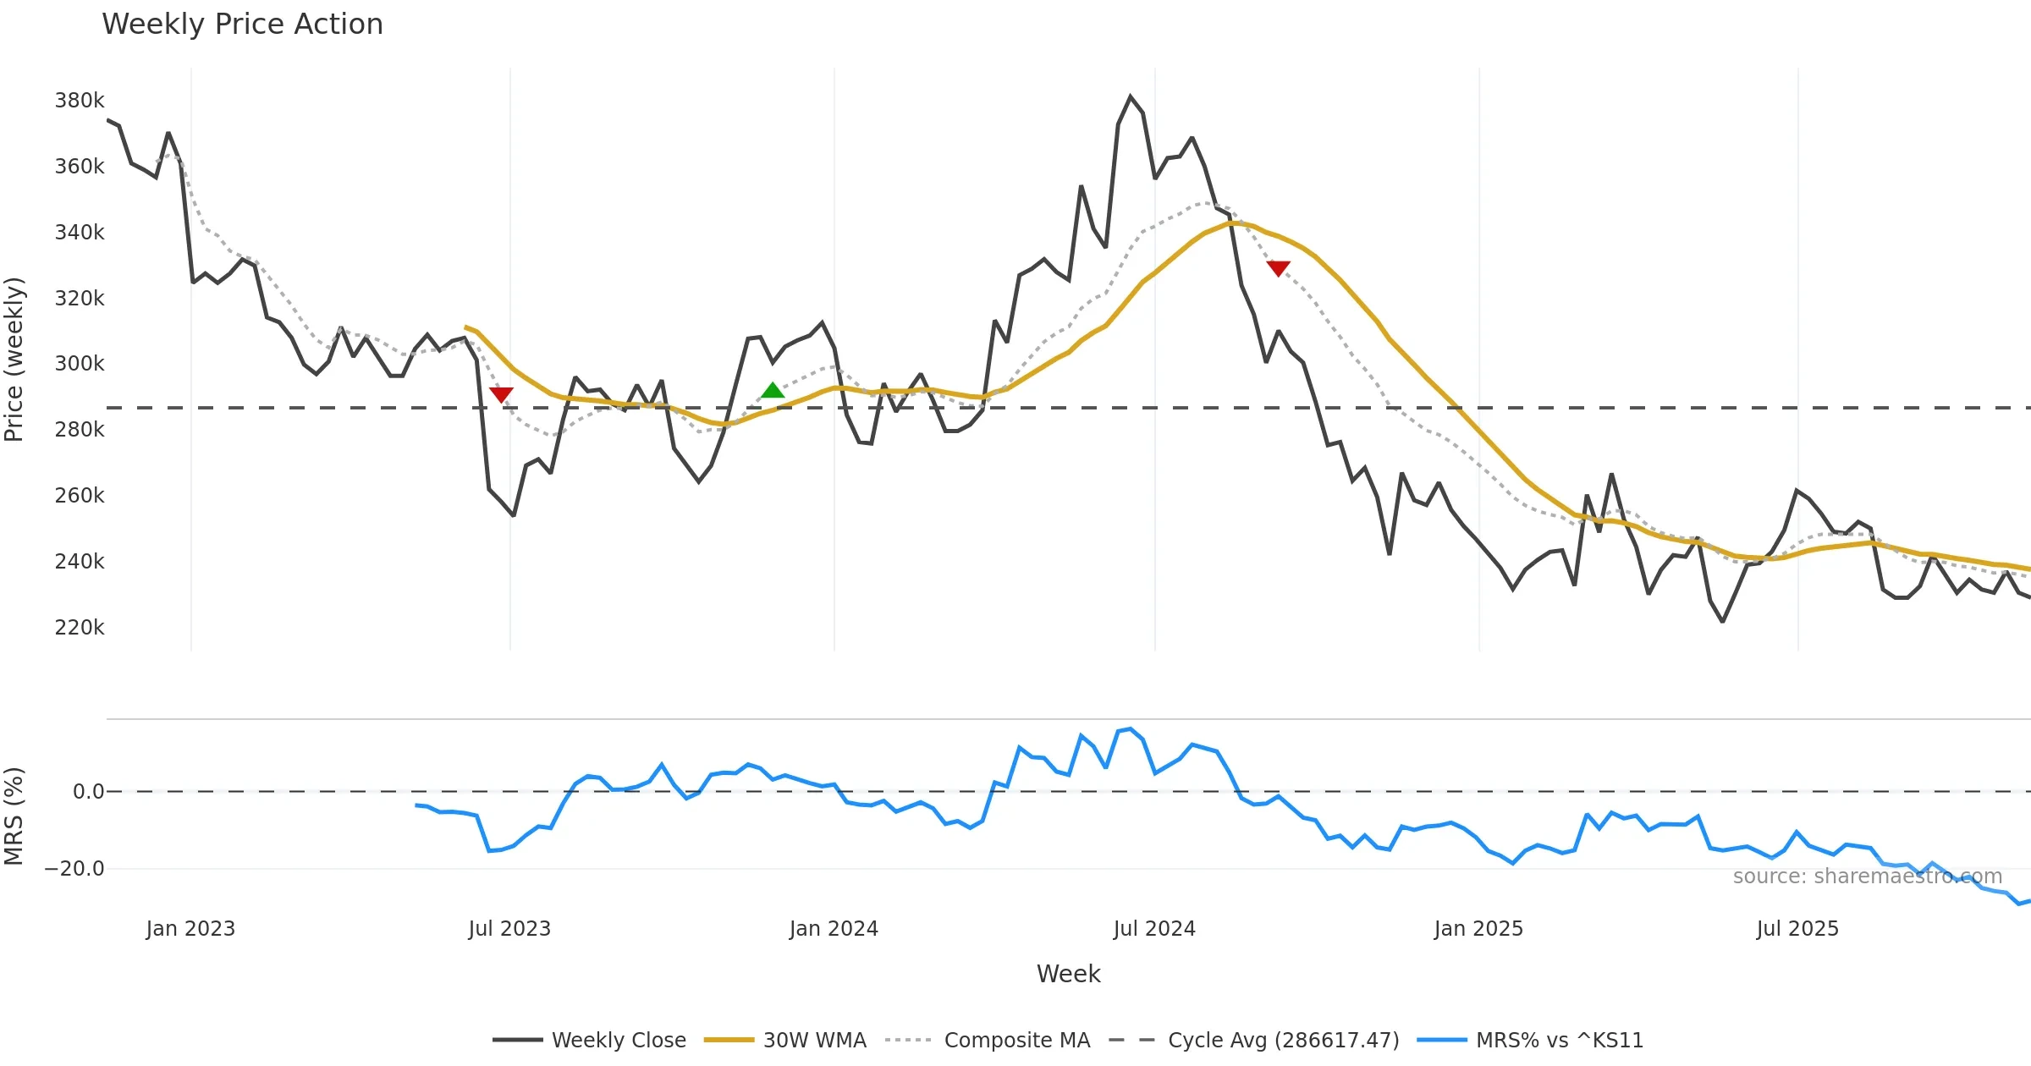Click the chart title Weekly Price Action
[x=242, y=25]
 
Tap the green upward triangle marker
[x=773, y=390]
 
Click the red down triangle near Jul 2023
[x=501, y=394]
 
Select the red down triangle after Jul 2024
[x=1278, y=268]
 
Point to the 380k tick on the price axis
[x=80, y=101]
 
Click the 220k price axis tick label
[x=80, y=628]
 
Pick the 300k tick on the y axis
[x=80, y=364]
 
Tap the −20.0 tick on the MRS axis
[x=74, y=869]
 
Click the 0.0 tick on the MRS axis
[x=88, y=792]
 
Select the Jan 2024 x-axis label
[x=834, y=929]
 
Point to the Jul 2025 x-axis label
[x=1797, y=929]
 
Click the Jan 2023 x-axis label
[x=190, y=929]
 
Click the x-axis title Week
[x=1068, y=974]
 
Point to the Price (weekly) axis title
[x=14, y=360]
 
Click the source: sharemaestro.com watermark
[x=1867, y=876]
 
